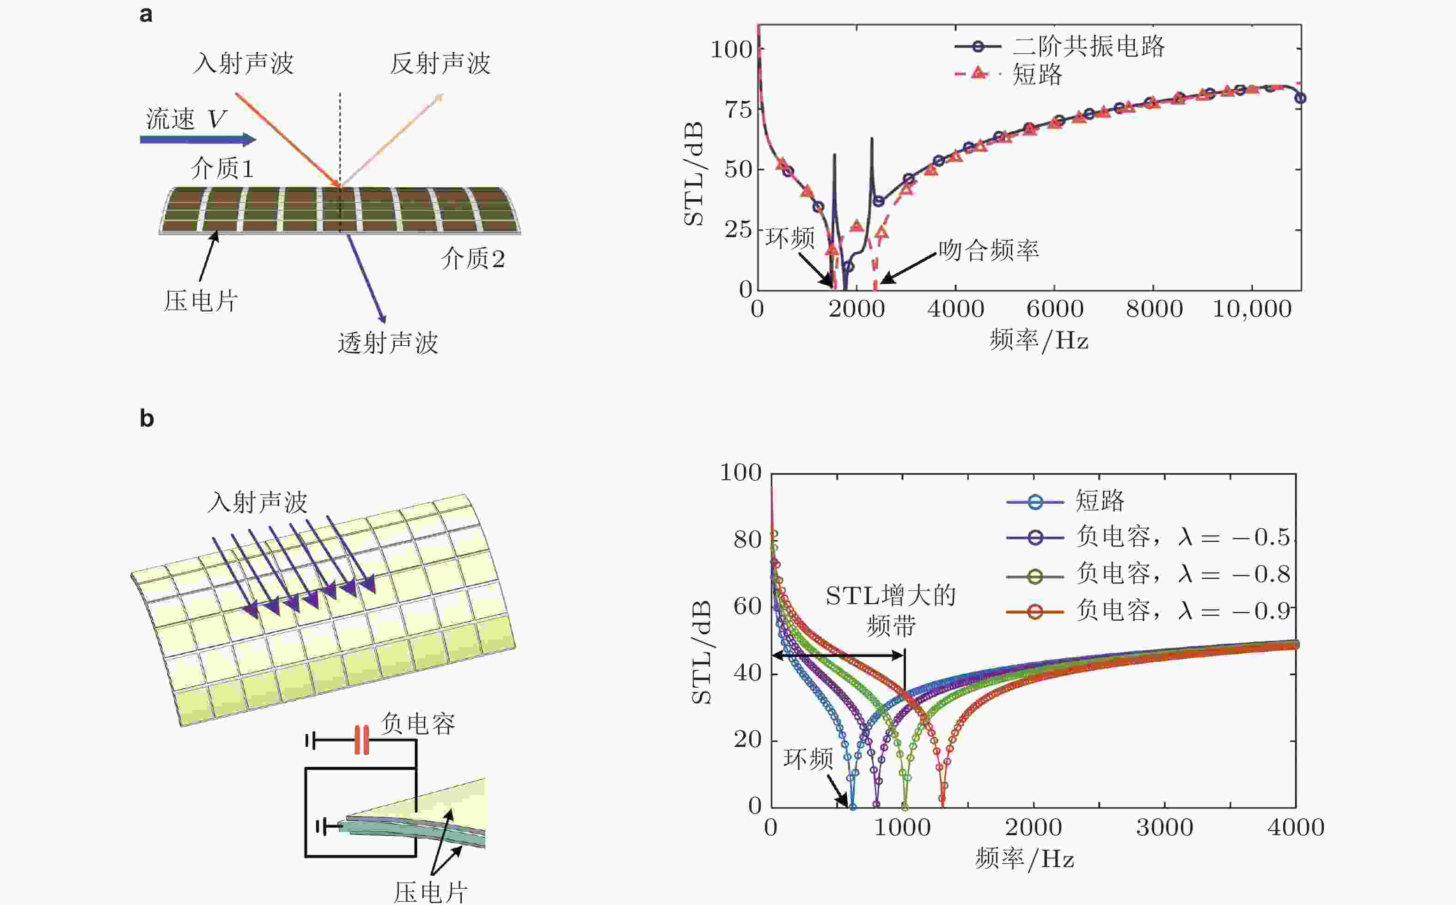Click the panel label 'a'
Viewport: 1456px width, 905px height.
click(146, 14)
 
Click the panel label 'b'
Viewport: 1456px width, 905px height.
click(147, 418)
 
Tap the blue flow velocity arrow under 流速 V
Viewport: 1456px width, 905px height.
click(197, 140)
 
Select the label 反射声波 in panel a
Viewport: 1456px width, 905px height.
click(440, 63)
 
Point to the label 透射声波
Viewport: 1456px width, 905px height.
click(387, 343)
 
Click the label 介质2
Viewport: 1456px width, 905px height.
click(473, 258)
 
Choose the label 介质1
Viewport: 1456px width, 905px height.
click(222, 168)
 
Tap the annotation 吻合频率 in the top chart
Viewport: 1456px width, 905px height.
click(988, 250)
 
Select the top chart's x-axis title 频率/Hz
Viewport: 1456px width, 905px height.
click(1038, 341)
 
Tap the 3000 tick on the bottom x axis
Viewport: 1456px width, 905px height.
click(1164, 828)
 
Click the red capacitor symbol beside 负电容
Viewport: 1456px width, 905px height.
click(361, 740)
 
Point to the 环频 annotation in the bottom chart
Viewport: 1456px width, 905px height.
click(808, 759)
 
